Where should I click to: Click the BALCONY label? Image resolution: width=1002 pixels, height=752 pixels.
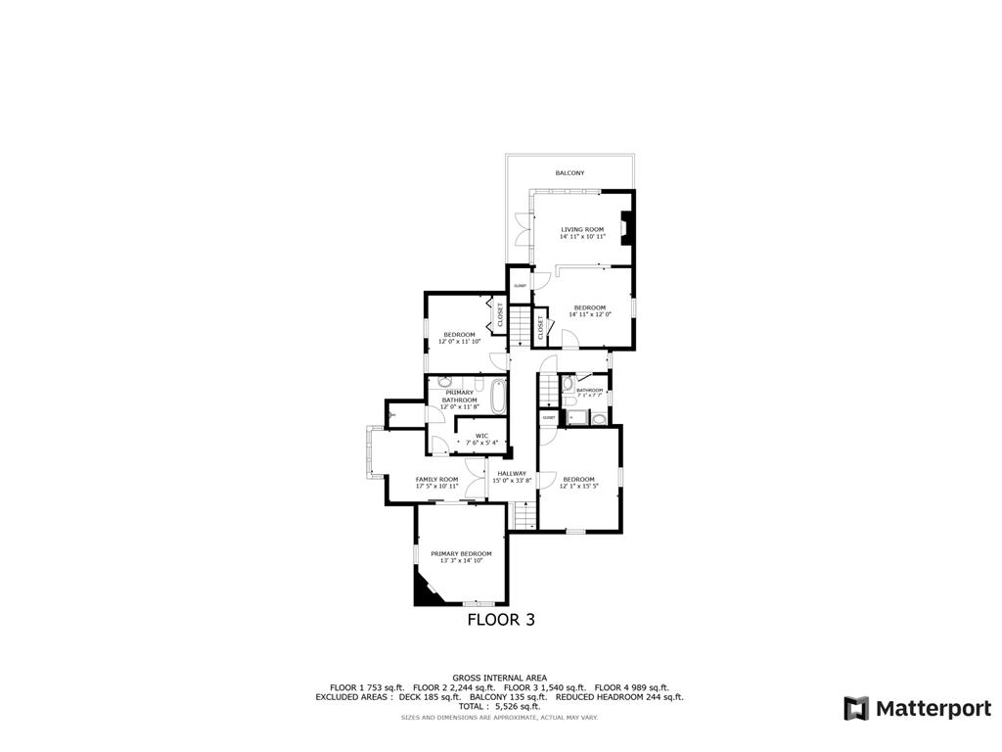(569, 173)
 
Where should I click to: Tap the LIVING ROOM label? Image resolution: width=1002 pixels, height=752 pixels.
(582, 229)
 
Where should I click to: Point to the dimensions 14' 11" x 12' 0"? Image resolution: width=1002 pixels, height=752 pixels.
(589, 314)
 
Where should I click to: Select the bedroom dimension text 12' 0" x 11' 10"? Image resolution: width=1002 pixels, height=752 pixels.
(459, 342)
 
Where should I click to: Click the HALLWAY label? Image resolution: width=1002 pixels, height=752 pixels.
(512, 473)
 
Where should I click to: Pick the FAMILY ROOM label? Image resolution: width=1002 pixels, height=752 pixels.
(436, 479)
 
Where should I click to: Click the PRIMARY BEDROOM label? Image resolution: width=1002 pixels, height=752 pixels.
(461, 553)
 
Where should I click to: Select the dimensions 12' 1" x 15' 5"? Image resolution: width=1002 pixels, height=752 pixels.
(578, 486)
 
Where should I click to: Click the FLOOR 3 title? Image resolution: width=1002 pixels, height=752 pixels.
(500, 619)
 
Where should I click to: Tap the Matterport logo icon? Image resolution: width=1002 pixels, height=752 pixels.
(856, 708)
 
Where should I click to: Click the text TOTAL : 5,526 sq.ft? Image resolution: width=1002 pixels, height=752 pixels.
(500, 706)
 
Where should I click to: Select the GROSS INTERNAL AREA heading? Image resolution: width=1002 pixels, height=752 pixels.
(500, 678)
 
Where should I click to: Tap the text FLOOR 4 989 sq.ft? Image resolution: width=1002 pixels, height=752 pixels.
(632, 687)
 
